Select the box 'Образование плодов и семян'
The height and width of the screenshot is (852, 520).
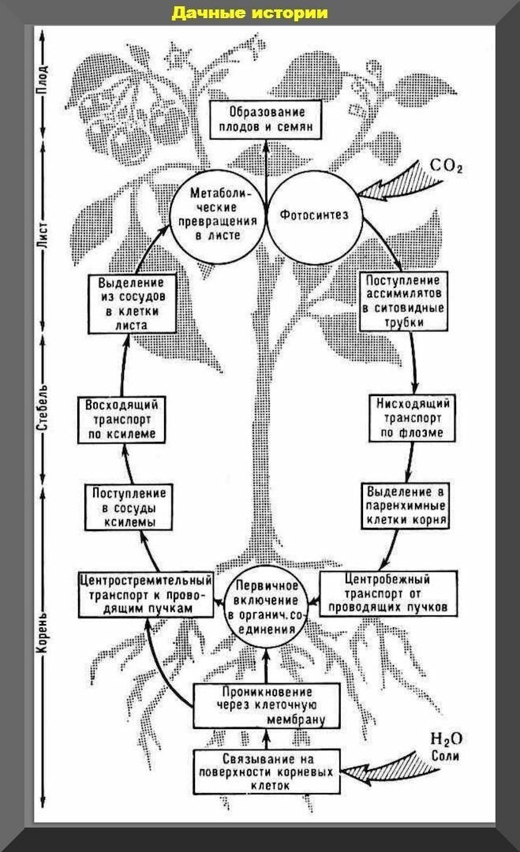tap(266, 120)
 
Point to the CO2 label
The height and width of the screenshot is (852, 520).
tap(446, 166)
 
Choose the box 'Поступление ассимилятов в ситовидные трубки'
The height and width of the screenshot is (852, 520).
tap(403, 301)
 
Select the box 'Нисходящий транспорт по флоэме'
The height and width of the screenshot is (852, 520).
tap(412, 418)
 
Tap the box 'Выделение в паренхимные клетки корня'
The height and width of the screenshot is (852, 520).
tap(406, 506)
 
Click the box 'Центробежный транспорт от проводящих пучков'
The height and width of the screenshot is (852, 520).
tap(388, 592)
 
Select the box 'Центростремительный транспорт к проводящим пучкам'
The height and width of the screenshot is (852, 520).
tap(146, 594)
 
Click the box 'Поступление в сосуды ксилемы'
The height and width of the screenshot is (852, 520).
tap(129, 507)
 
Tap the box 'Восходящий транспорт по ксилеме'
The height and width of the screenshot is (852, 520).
tap(122, 420)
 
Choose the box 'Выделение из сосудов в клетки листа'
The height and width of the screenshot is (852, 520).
tap(132, 304)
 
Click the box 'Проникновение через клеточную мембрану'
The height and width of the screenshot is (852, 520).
tap(267, 706)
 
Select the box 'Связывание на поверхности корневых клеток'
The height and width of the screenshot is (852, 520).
tap(267, 772)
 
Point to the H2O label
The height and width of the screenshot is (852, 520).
tap(446, 739)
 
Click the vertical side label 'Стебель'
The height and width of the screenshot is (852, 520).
tap(43, 408)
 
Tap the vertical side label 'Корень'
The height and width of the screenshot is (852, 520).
tap(43, 633)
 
